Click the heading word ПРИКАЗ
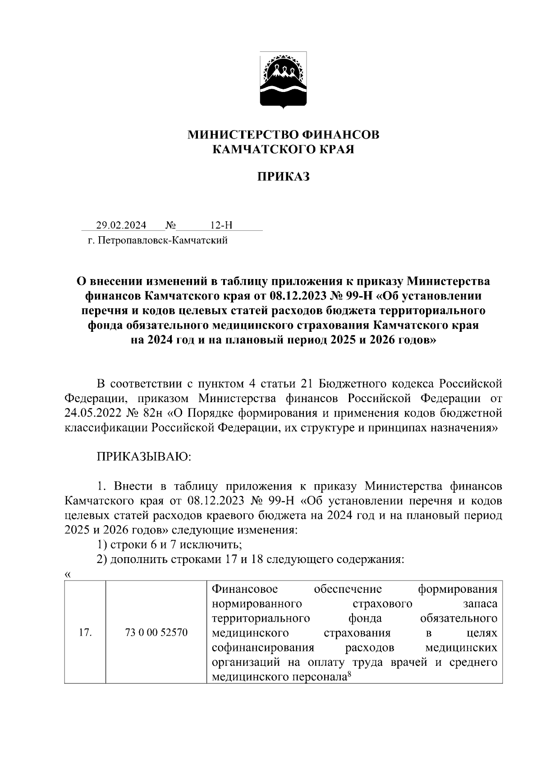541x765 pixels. (x=283, y=177)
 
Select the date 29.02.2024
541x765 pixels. (x=121, y=225)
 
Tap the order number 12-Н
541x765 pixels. (x=221, y=225)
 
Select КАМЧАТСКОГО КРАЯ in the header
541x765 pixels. (x=283, y=149)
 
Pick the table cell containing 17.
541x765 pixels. (x=85, y=633)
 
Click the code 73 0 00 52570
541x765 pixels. (x=156, y=633)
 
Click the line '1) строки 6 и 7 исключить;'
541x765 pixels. (x=170, y=545)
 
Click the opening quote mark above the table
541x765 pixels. (x=68, y=574)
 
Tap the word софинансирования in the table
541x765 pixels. (x=263, y=648)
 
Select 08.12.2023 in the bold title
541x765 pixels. (x=299, y=296)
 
